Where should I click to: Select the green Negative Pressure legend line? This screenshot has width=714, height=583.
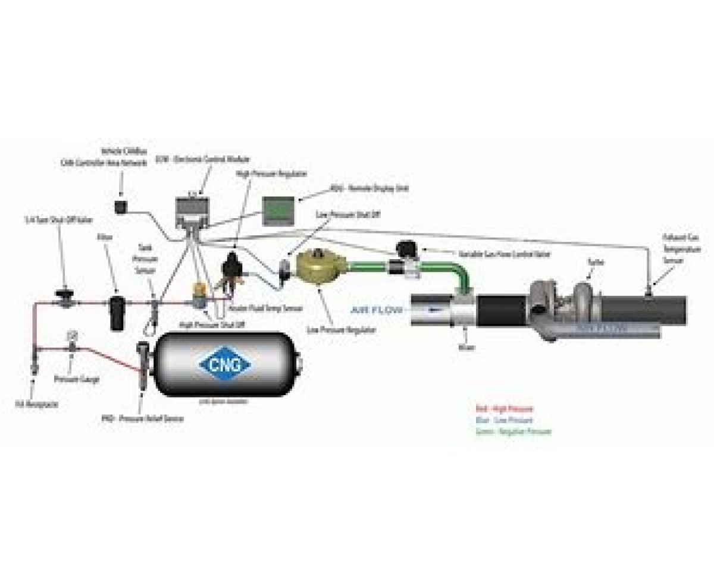click(513, 431)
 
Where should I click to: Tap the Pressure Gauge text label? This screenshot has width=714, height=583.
click(77, 379)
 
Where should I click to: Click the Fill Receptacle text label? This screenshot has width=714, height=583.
click(32, 405)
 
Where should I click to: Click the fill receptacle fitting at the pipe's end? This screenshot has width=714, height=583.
click(35, 363)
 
